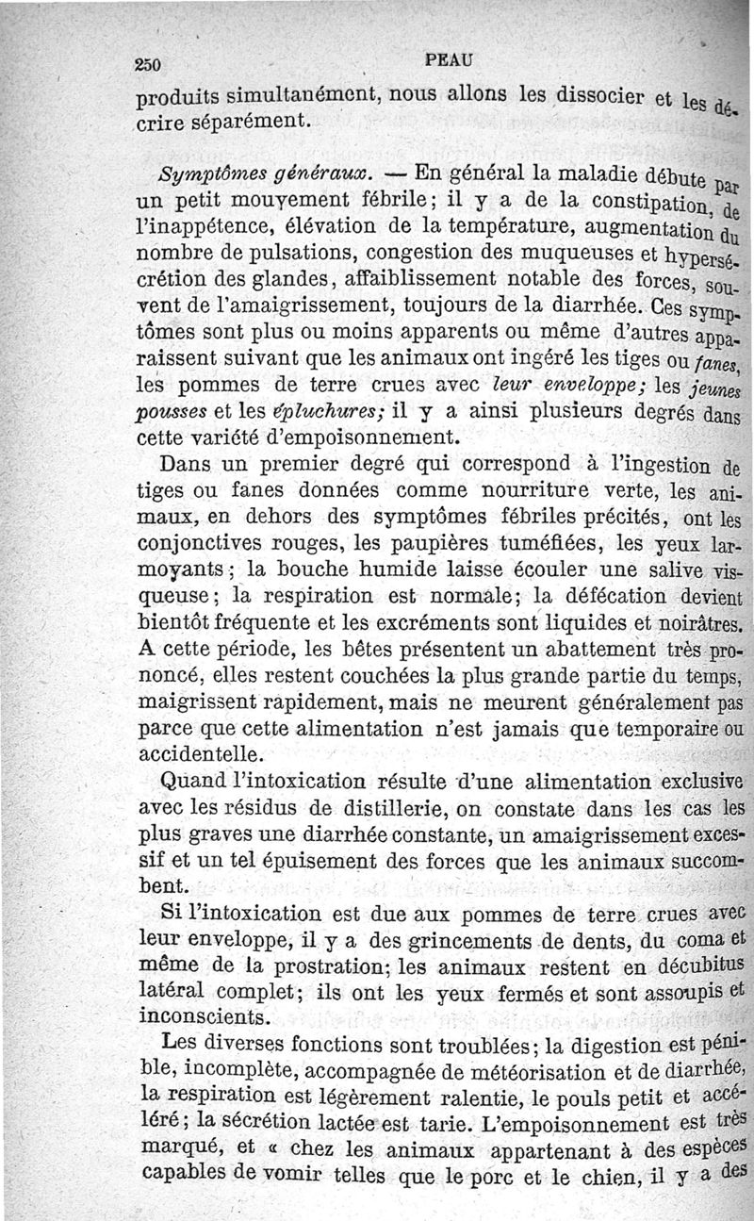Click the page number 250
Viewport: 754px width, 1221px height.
[150, 64]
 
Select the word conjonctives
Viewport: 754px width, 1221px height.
[201, 544]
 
